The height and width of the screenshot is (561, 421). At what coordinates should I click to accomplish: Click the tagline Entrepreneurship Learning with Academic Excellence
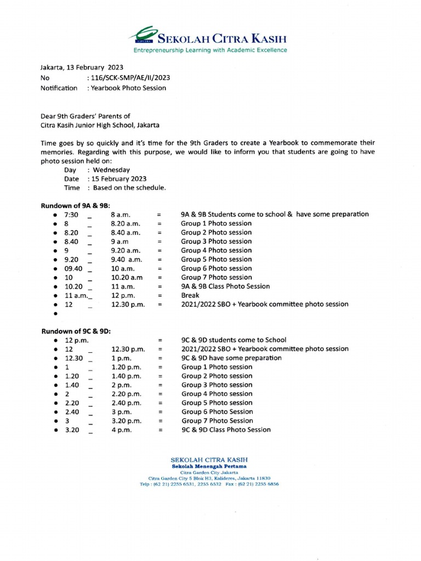pos(210,50)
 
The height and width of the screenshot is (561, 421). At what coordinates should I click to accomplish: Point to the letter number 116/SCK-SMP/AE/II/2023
pos(130,78)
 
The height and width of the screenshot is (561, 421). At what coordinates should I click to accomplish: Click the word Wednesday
pos(112,170)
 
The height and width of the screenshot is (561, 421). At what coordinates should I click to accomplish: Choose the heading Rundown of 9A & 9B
pos(75,205)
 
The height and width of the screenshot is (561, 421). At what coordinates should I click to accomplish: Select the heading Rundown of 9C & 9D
pos(75,331)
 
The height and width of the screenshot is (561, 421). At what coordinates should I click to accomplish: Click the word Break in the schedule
pos(190,295)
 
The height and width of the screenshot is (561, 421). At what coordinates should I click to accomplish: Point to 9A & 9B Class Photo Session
pos(225,286)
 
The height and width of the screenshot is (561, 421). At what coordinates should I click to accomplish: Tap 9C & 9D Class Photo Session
pos(226,430)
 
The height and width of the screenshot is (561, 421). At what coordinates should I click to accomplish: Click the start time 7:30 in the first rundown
pos(71,215)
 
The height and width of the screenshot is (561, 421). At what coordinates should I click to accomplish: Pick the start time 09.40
pos(73,268)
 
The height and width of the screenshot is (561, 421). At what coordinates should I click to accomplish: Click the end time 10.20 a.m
pos(127,277)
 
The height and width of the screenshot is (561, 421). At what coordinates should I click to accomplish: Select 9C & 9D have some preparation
pos(231,358)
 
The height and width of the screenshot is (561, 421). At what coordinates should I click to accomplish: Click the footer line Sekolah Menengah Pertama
pos(209,466)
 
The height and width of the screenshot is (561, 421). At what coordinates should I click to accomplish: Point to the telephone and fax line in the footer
pos(209,484)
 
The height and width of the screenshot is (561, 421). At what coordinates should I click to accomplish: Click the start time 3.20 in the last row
pos(72,430)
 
